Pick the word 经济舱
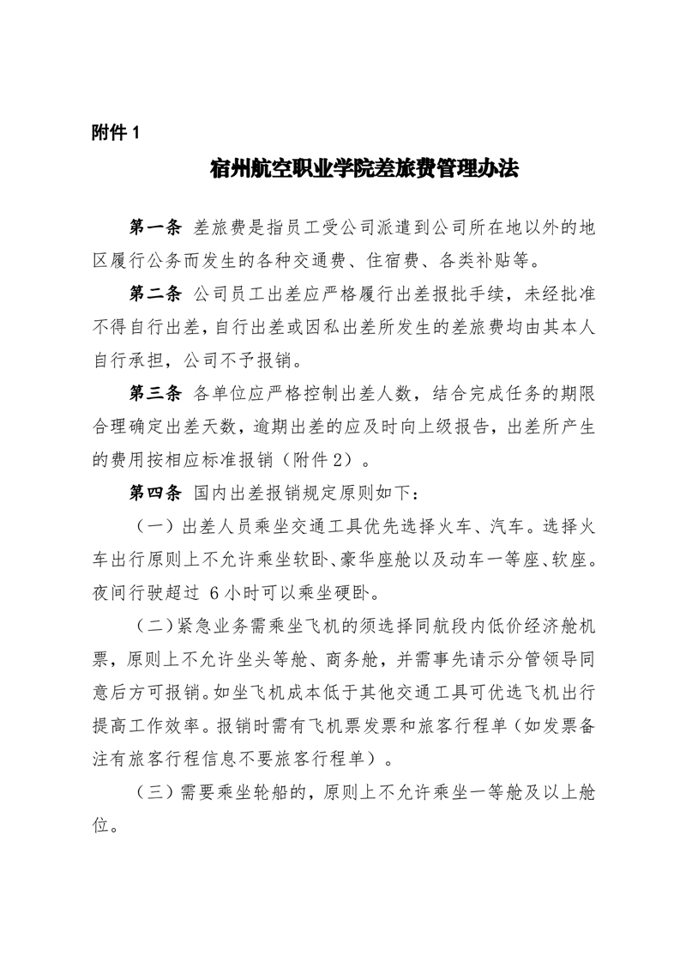click(522, 626)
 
